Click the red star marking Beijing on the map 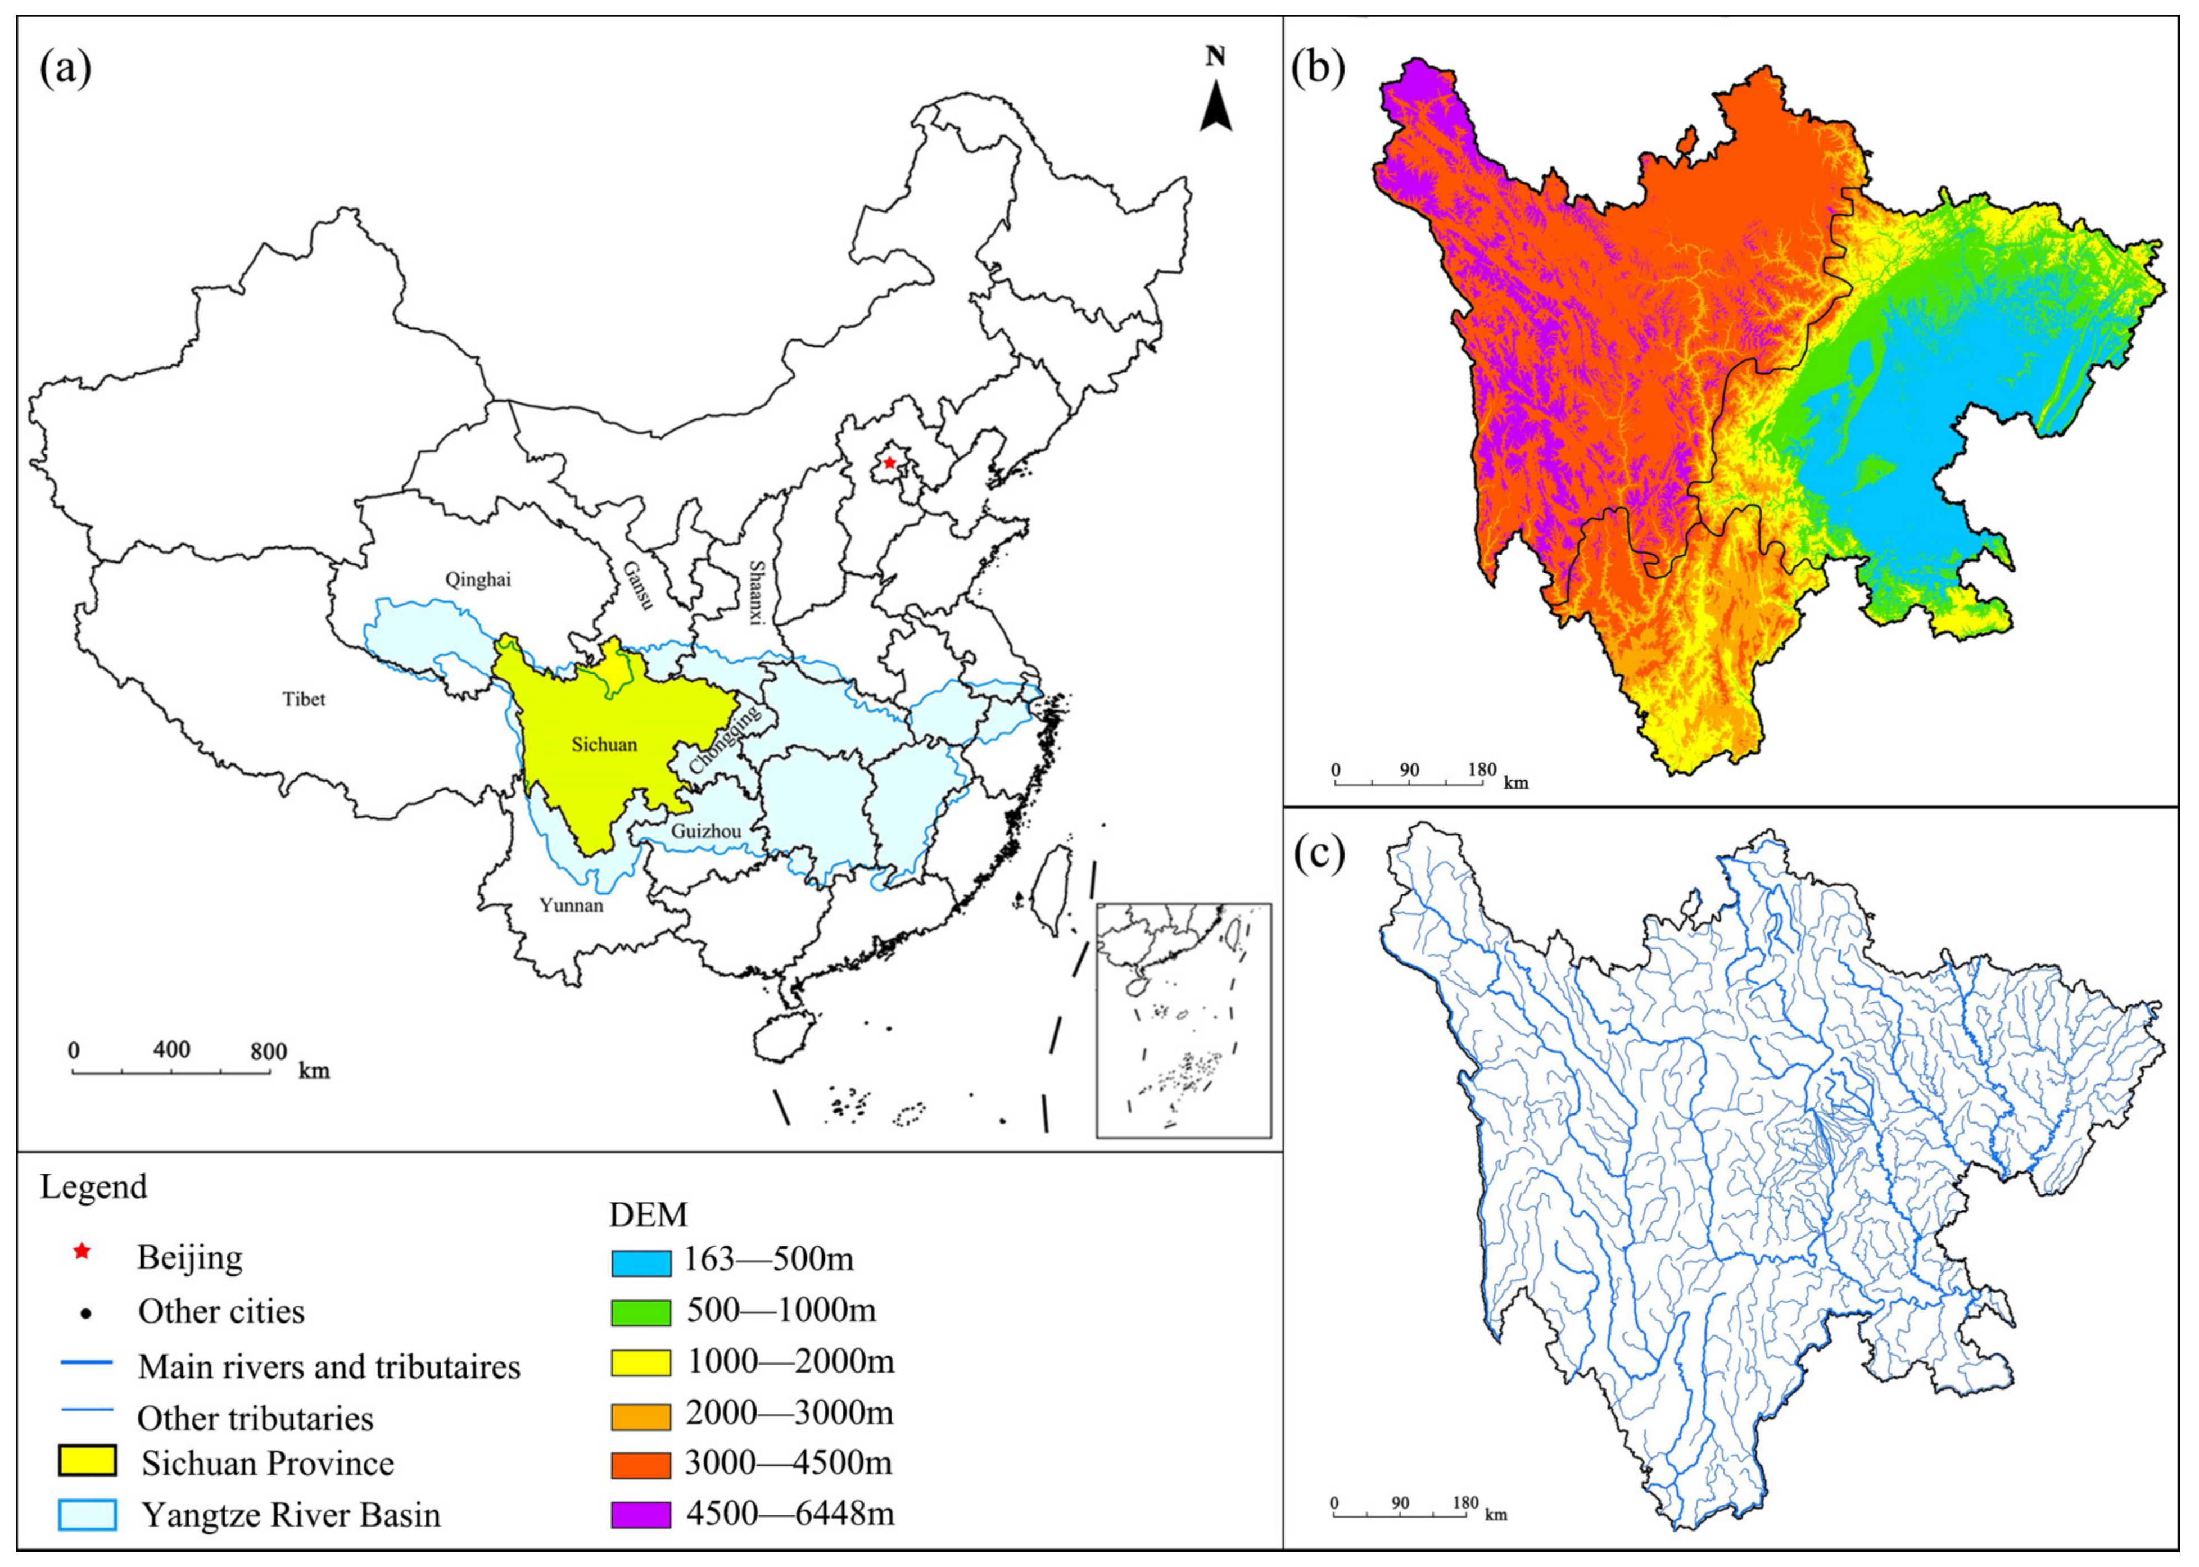pyautogui.click(x=889, y=463)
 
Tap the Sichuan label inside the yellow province pyautogui.click(x=604, y=744)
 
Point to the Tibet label pyautogui.click(x=304, y=699)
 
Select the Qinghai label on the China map pyautogui.click(x=478, y=579)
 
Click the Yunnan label pyautogui.click(x=571, y=905)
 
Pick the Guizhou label pyautogui.click(x=707, y=831)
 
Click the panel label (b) pyautogui.click(x=1318, y=70)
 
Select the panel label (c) pyautogui.click(x=1318, y=855)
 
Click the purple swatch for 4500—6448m pyautogui.click(x=641, y=1515)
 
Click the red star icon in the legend pyautogui.click(x=83, y=1252)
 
